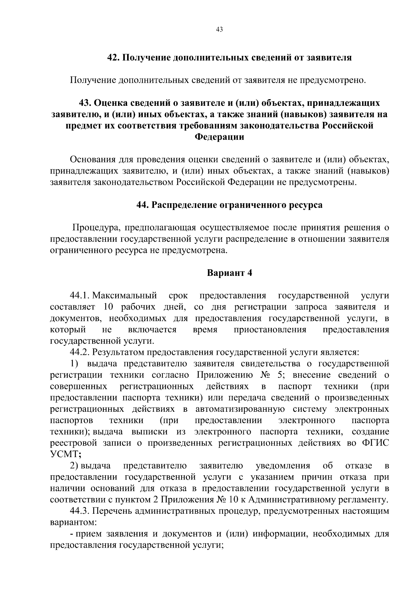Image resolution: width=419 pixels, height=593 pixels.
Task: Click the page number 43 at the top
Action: pyautogui.click(x=219, y=30)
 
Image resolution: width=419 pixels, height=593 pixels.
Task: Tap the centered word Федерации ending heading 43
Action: pyautogui.click(x=219, y=137)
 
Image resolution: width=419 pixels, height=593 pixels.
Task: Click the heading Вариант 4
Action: pyautogui.click(x=229, y=273)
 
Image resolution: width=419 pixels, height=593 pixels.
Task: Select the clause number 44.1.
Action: pyautogui.click(x=80, y=296)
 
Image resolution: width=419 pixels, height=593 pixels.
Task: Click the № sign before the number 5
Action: pyautogui.click(x=265, y=375)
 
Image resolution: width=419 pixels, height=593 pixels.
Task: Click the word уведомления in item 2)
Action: pyautogui.click(x=283, y=466)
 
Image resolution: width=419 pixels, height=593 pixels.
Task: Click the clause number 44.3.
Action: pyautogui.click(x=80, y=511)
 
